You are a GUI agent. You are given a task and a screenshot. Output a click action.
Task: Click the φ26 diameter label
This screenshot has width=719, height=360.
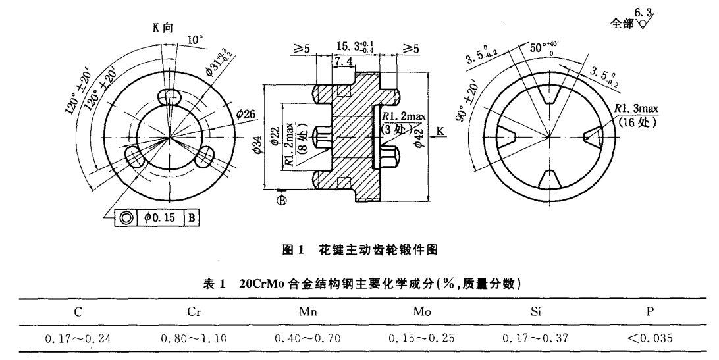tap(245, 114)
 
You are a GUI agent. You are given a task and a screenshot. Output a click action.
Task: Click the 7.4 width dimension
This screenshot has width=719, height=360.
tap(344, 61)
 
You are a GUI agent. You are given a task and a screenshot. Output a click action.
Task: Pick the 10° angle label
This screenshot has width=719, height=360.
tap(195, 41)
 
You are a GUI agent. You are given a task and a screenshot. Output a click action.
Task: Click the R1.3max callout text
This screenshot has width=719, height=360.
tap(636, 109)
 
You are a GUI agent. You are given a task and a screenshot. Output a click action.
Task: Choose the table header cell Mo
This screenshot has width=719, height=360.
tap(421, 313)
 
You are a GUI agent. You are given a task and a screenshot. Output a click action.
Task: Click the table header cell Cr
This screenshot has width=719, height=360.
tap(193, 313)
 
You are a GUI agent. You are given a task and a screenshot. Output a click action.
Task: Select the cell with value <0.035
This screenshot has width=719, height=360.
tap(649, 340)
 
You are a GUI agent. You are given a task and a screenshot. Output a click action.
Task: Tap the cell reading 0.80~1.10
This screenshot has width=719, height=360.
tap(193, 340)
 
